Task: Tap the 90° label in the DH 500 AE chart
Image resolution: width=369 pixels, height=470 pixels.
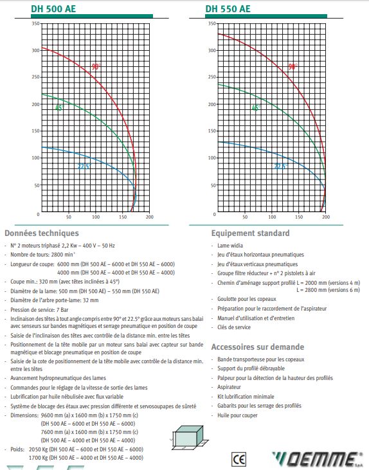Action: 96,66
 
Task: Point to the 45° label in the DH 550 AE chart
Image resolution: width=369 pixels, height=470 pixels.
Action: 256,107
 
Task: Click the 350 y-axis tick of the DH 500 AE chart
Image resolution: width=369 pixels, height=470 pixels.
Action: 36,24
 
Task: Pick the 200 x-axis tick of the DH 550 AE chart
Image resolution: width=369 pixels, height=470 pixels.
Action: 326,218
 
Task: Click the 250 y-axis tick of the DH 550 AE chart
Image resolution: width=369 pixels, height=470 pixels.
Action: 210,77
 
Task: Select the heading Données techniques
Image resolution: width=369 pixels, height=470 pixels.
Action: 42,233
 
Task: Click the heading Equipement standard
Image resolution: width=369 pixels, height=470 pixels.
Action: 250,233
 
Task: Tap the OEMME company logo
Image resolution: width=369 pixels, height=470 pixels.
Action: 318,458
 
